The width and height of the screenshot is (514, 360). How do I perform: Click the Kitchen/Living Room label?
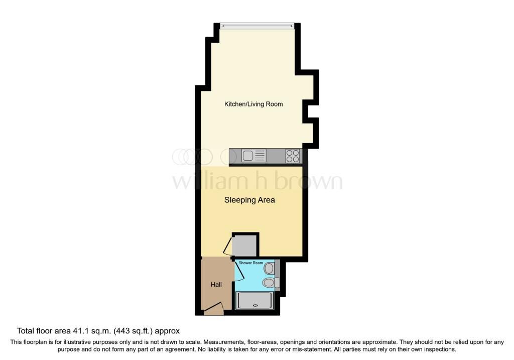tap(253, 104)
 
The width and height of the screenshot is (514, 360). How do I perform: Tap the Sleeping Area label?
tap(249, 200)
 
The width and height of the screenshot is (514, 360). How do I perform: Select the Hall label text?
tap(216, 285)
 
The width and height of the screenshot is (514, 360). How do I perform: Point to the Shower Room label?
tap(251, 263)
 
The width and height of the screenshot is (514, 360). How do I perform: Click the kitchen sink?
tap(253, 156)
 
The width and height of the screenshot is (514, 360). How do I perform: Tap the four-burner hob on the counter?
tap(293, 156)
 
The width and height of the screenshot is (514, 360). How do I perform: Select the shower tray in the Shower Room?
tap(254, 301)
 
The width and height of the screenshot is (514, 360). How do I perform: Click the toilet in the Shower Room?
tap(271, 282)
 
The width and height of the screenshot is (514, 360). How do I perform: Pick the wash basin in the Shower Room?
tap(269, 269)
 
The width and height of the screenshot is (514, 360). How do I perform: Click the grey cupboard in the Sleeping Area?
tap(244, 245)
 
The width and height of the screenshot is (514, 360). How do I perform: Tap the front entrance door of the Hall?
tap(214, 309)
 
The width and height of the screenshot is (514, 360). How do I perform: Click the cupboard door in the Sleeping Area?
tap(227, 246)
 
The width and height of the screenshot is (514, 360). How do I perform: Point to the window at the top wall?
tap(258, 26)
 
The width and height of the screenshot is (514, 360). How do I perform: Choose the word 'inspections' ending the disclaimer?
tap(439, 349)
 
